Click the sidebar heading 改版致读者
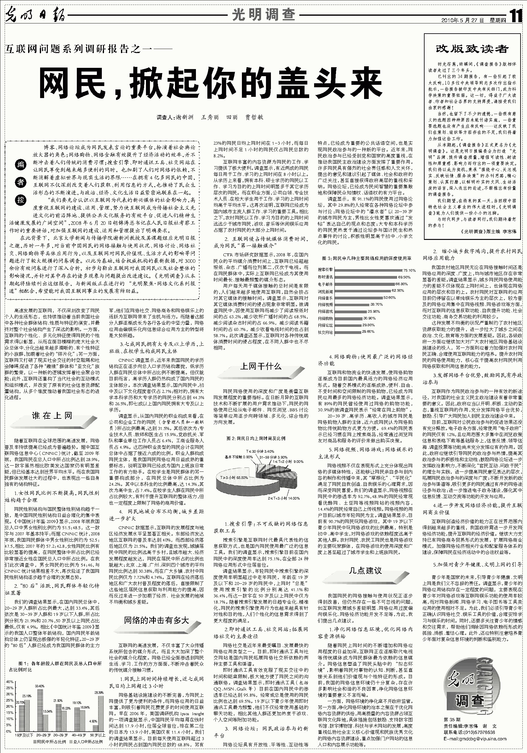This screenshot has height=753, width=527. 472,49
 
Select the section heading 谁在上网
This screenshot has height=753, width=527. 52,416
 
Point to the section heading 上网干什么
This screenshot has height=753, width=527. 261,366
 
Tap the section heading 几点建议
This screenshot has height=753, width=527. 365,570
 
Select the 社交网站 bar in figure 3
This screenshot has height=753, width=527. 347,332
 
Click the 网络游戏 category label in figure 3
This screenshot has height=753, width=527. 325,311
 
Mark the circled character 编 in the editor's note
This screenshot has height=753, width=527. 21,165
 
